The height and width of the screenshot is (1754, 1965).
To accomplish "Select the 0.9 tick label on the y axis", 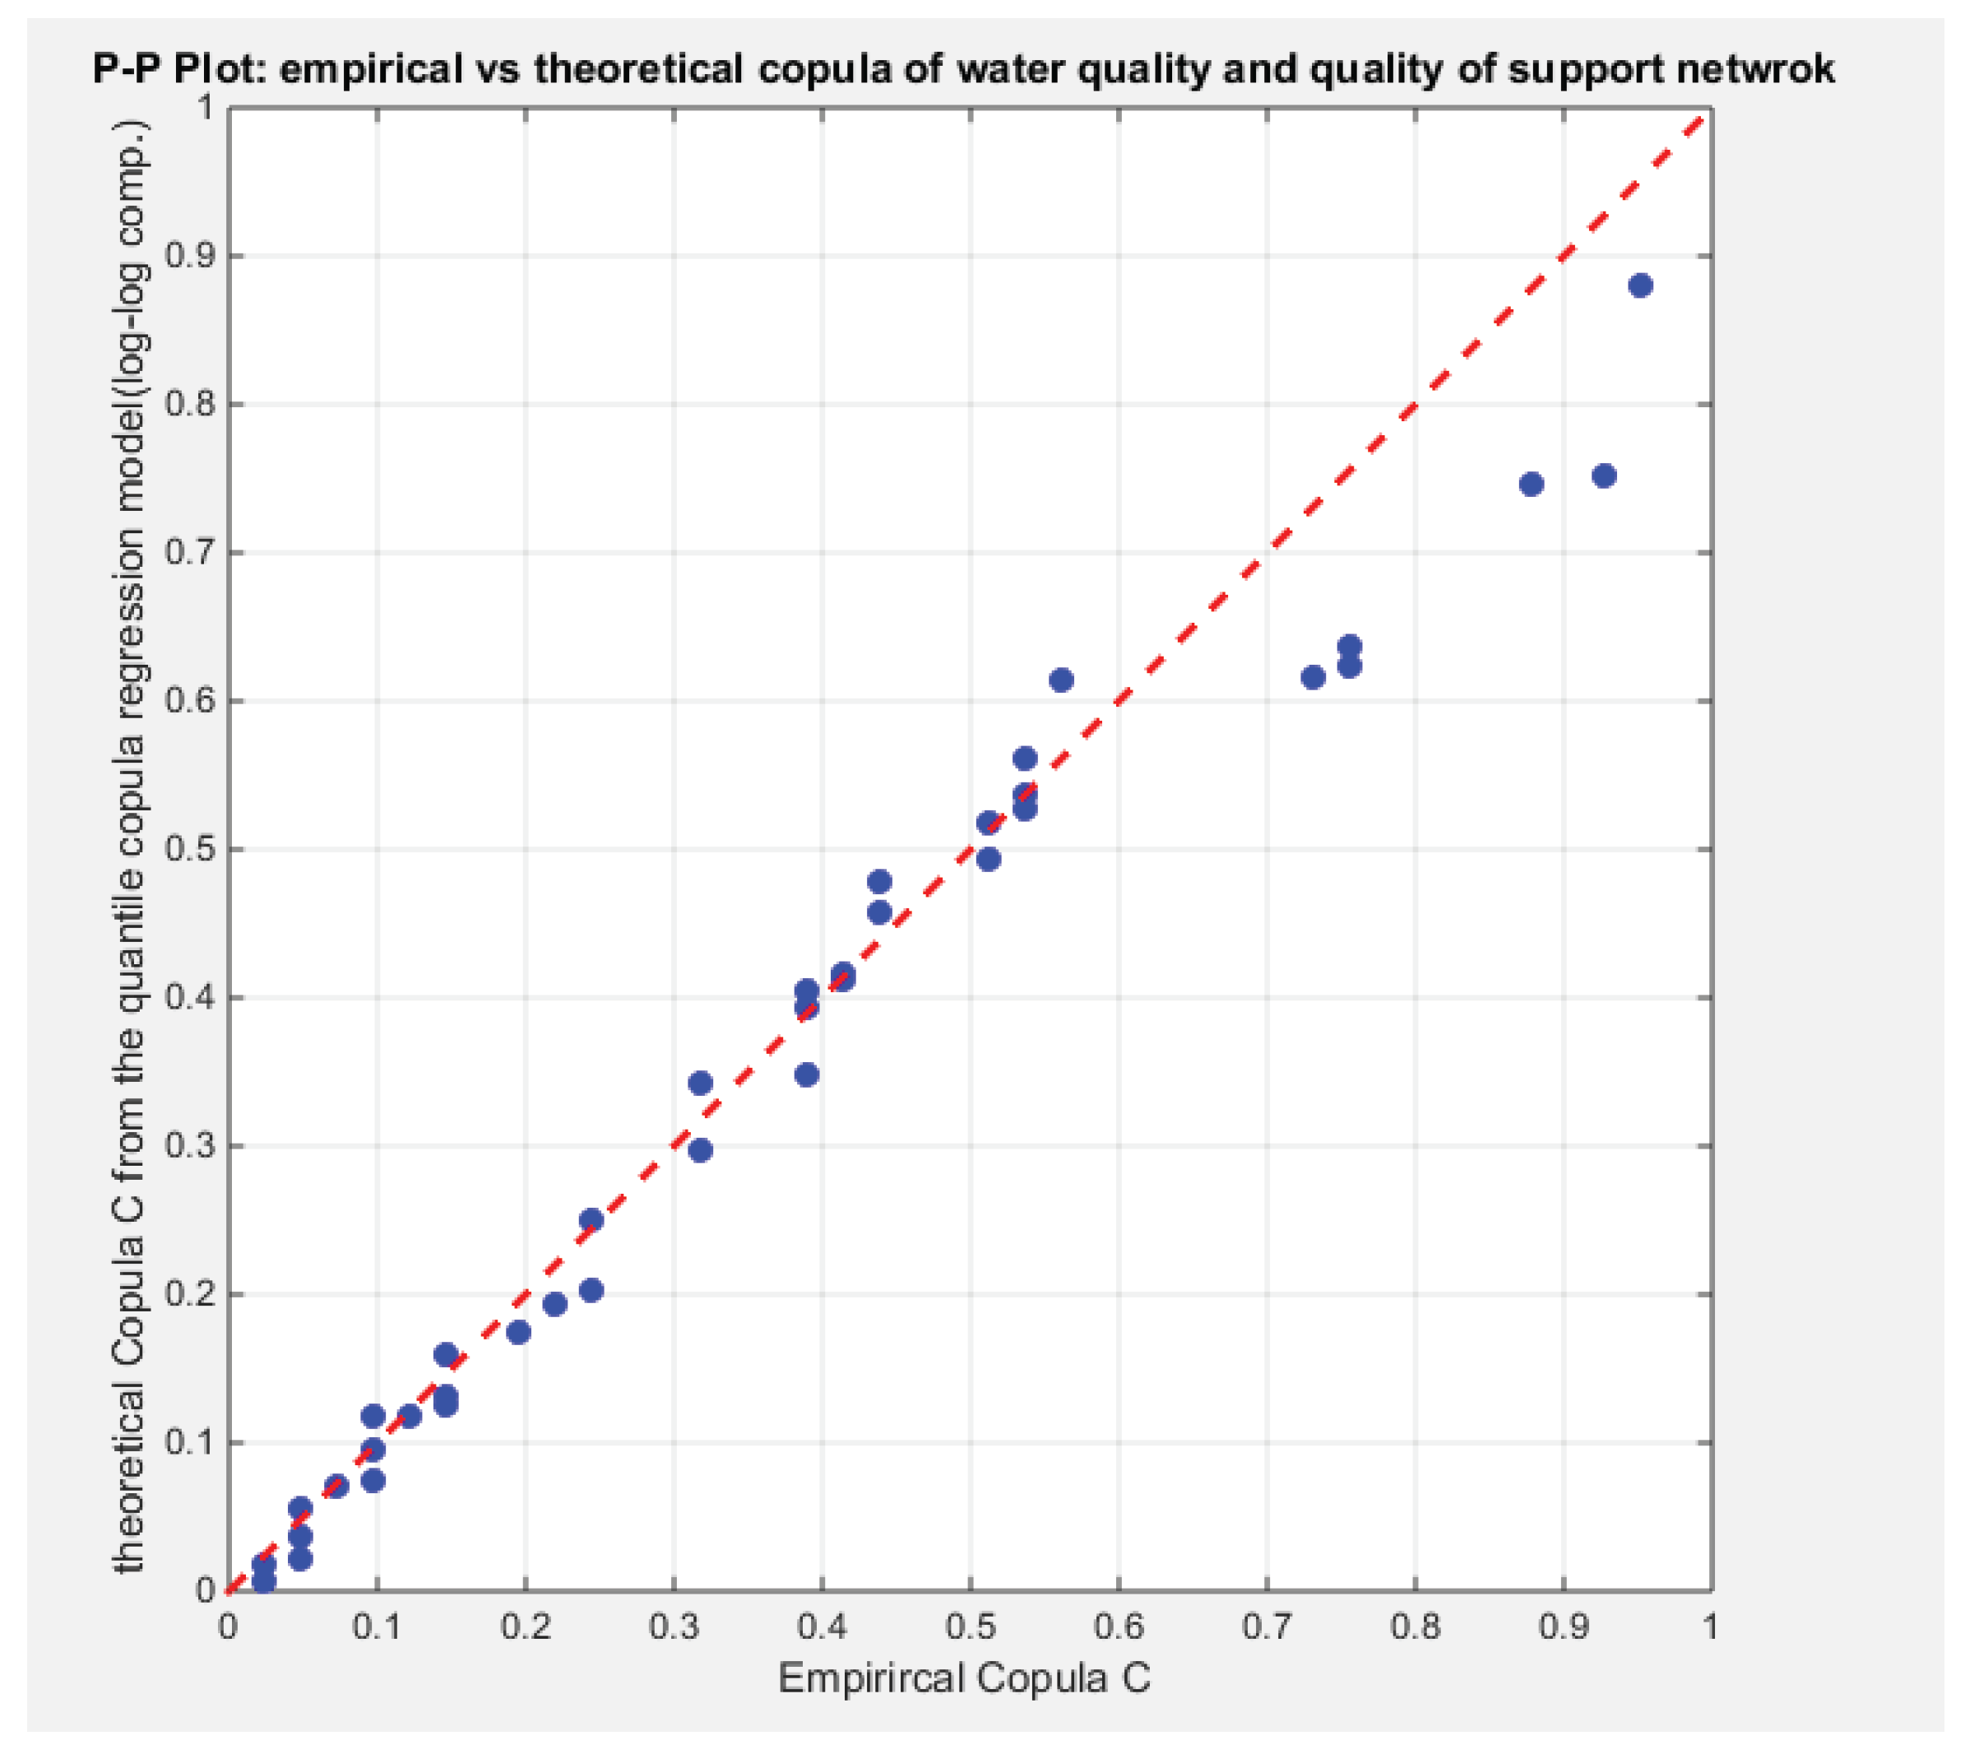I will (x=189, y=257).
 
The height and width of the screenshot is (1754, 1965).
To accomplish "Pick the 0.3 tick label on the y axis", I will (x=189, y=1146).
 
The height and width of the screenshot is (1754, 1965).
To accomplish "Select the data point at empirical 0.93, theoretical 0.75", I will (x=1604, y=476).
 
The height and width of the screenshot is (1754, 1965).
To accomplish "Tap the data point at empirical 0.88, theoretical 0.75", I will (x=1532, y=484).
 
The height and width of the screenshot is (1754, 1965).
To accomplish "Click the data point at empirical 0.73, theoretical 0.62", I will (x=1313, y=678).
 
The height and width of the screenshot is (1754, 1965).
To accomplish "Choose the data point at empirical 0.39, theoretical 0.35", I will (x=807, y=1074).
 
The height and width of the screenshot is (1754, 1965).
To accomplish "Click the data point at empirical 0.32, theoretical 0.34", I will (x=701, y=1083).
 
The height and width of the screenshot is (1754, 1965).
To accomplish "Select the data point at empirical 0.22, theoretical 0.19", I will (x=555, y=1304).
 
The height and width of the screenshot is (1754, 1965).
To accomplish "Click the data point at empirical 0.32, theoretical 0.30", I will (x=701, y=1150).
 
